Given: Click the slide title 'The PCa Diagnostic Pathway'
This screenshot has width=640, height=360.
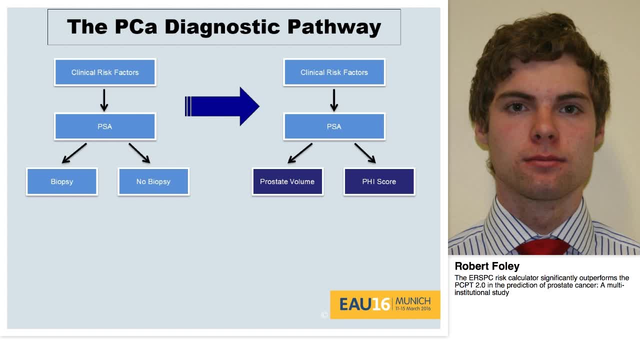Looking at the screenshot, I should point(224,27).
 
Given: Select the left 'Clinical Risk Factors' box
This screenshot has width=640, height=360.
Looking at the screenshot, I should point(105,72).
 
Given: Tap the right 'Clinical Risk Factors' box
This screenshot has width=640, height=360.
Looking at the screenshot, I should point(334,72).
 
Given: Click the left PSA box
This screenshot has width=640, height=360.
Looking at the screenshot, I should point(105,126).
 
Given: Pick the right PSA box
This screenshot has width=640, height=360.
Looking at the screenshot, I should point(334,126).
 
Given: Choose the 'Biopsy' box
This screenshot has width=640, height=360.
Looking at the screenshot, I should point(62,181).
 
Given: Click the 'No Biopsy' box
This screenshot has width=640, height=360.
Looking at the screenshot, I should point(153,181).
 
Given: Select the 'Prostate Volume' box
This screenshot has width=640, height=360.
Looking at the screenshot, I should point(287,181).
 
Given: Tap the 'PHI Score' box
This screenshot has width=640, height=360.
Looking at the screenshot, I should point(379,181).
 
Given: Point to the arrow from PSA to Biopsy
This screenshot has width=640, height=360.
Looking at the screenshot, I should point(74,153).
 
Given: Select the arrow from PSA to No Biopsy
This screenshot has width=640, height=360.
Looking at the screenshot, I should point(139,153).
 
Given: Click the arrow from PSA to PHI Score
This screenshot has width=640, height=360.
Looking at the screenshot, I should point(365,153).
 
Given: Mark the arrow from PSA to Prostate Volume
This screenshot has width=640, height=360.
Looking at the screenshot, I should point(300,153).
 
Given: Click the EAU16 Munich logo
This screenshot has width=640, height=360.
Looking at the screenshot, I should point(385,304).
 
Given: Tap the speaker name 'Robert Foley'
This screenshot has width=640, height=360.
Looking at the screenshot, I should point(487,266).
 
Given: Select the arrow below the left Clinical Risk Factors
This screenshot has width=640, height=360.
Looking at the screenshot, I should point(104,100).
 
